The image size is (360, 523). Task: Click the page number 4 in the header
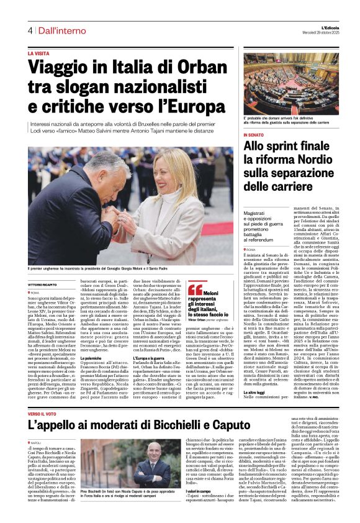30,30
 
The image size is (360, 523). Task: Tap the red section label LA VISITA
41,54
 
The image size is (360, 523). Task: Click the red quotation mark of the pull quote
195,289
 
